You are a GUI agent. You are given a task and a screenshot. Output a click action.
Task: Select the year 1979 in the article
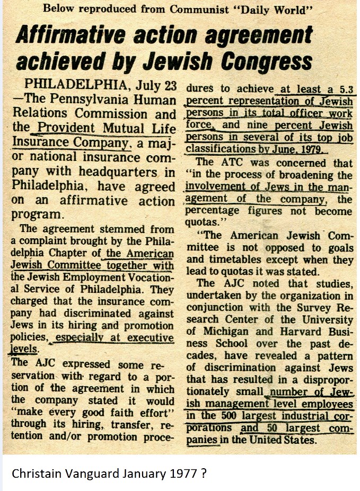pos(313,150)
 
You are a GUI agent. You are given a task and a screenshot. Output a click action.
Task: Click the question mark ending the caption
pos(204,473)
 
